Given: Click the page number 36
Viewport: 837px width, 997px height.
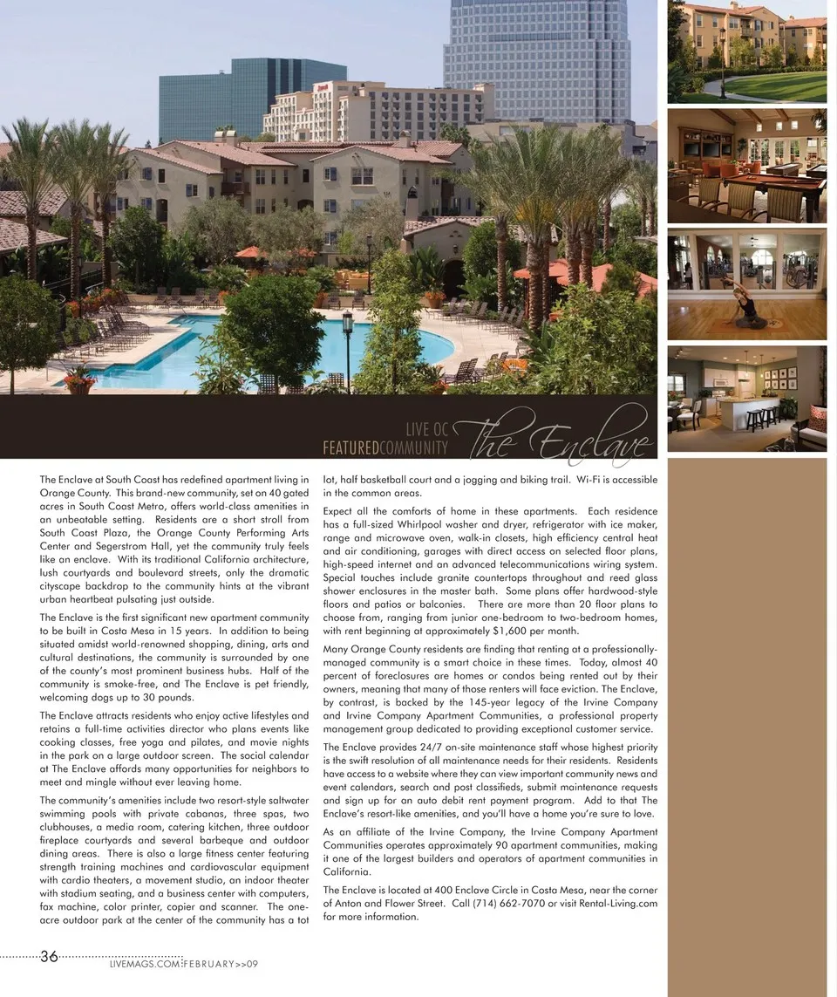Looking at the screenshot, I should (49, 956).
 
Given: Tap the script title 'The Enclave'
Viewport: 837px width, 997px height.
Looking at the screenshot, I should (562, 437).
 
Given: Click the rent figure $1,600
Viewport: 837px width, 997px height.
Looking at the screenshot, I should (511, 631).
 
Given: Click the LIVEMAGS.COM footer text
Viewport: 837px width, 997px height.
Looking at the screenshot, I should (145, 964).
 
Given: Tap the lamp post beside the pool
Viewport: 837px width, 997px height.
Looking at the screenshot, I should (348, 345).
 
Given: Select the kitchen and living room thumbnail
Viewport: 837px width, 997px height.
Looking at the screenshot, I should (746, 398).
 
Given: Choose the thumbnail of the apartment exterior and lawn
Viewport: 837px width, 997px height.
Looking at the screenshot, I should (746, 51).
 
